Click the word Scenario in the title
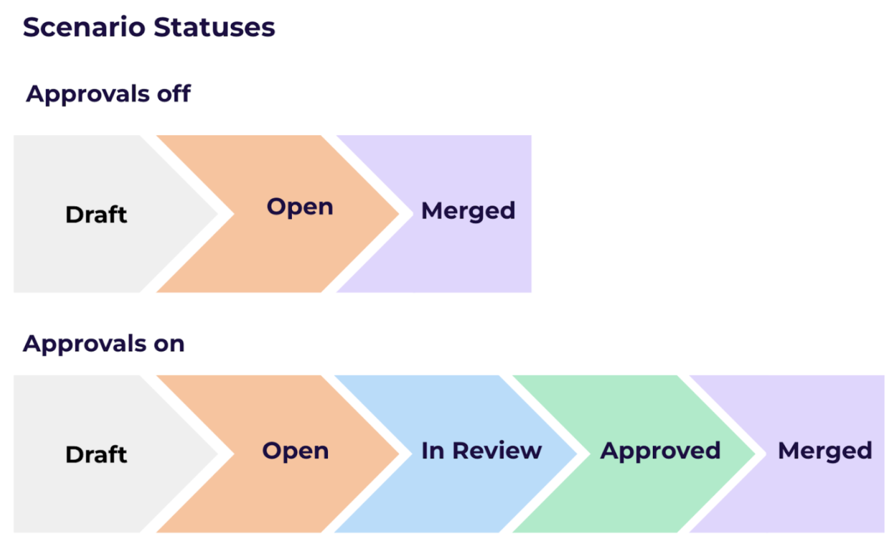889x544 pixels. tap(84, 27)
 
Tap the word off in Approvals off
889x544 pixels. tap(174, 94)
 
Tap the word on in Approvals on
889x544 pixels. tap(169, 344)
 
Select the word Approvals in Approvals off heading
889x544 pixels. tap(88, 95)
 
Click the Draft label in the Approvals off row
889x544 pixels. tap(96, 214)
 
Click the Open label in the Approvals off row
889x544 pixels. tap(300, 207)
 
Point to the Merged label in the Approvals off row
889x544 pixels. tap(468, 211)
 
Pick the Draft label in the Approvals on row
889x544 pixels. tap(96, 455)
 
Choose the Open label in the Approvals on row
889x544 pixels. tap(296, 450)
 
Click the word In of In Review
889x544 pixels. tap(433, 450)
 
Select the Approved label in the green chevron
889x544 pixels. tap(660, 451)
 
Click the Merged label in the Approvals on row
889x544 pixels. tap(825, 451)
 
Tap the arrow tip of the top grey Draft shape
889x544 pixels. tap(217, 214)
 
